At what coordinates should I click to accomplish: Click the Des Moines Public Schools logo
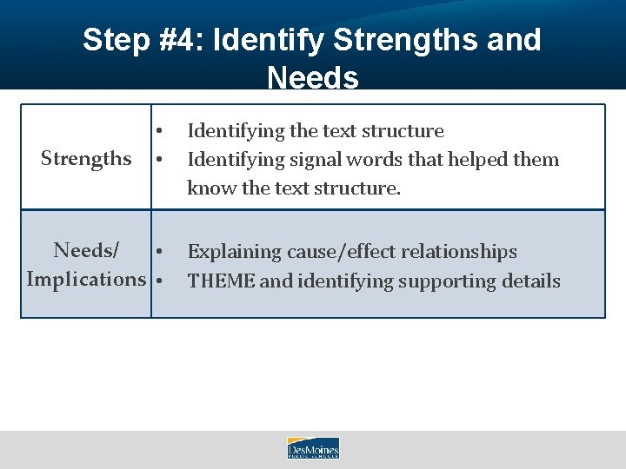[313, 448]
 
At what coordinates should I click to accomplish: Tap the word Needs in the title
[313, 78]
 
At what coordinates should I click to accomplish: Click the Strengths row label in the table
[86, 159]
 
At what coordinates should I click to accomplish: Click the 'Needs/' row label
[86, 251]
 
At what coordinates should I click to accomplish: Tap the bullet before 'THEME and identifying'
[159, 281]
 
